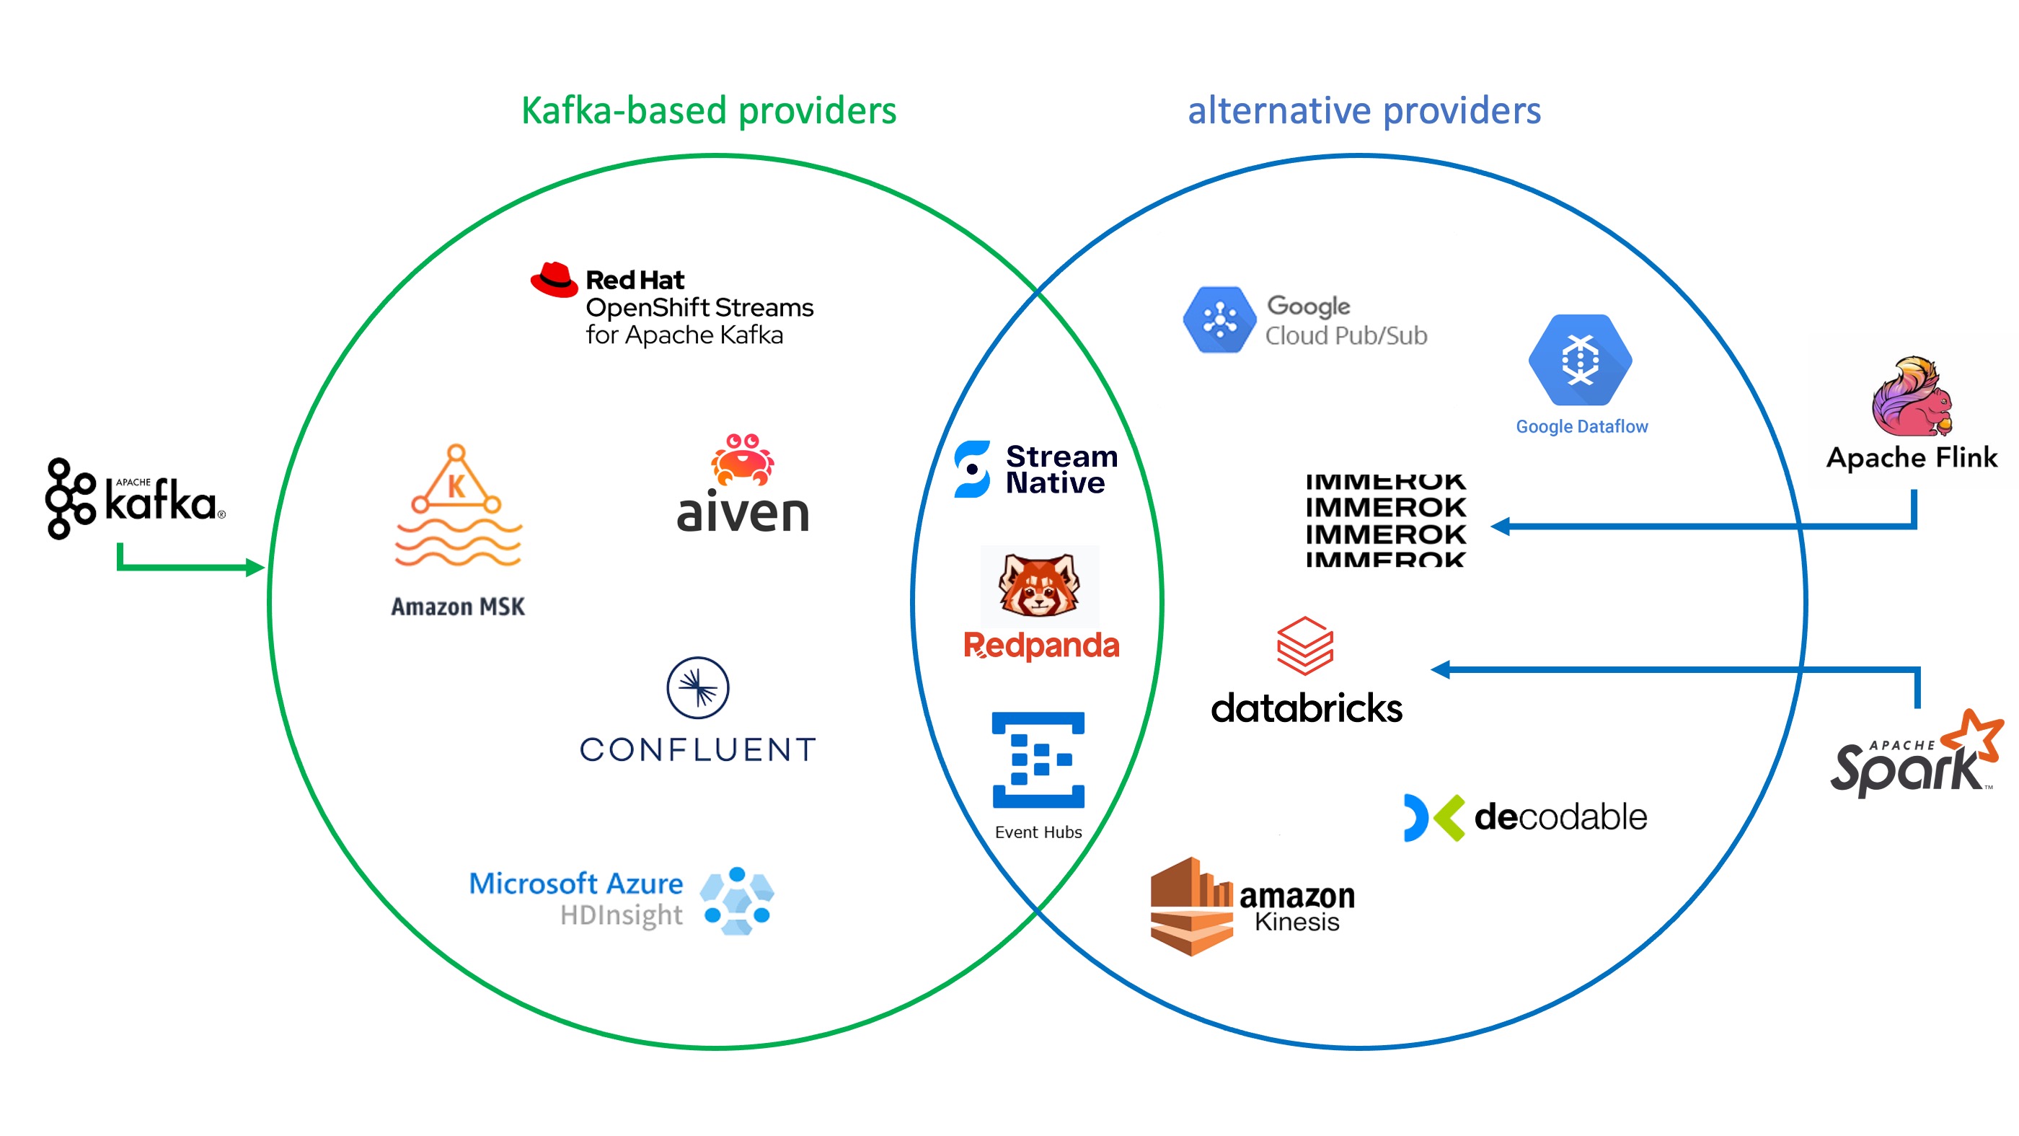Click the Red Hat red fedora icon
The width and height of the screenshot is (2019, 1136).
click(x=553, y=280)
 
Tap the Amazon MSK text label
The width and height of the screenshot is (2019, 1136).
click(x=458, y=606)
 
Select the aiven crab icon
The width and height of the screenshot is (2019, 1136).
click(x=741, y=459)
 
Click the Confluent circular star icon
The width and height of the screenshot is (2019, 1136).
click(x=697, y=687)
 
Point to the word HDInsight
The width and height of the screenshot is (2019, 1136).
click(x=621, y=915)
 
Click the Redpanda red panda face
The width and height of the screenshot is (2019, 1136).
click(x=1038, y=585)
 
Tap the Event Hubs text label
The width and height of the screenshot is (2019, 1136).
click(x=1038, y=832)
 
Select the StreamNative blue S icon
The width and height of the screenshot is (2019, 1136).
click(x=972, y=469)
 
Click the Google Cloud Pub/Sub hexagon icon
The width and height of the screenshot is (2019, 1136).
click(x=1219, y=320)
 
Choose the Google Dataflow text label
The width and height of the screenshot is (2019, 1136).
click(x=1581, y=426)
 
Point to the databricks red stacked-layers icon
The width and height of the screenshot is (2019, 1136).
click(x=1305, y=646)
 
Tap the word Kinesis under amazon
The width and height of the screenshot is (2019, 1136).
click(x=1296, y=922)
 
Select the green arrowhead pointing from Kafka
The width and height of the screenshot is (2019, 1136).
click(x=255, y=567)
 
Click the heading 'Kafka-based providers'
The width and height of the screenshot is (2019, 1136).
click(x=709, y=110)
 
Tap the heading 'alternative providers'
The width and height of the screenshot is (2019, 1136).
click(x=1364, y=110)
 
